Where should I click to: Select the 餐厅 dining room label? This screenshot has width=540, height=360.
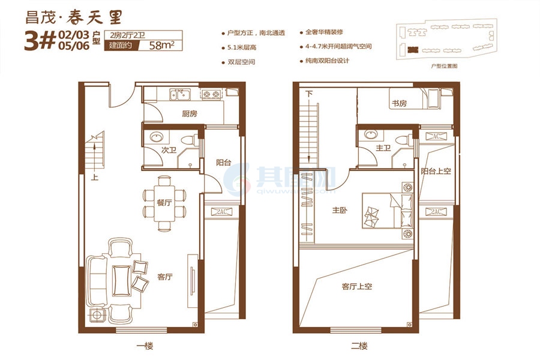coord(164,203)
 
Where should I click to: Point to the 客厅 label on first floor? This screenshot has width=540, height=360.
coord(165,277)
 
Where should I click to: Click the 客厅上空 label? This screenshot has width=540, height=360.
coord(357,286)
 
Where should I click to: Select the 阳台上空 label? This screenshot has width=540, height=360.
coord(435,171)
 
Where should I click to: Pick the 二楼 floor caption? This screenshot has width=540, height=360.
coord(359,346)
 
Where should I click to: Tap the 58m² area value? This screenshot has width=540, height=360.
coord(161,45)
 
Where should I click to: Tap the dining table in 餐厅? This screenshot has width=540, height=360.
coord(164,203)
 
